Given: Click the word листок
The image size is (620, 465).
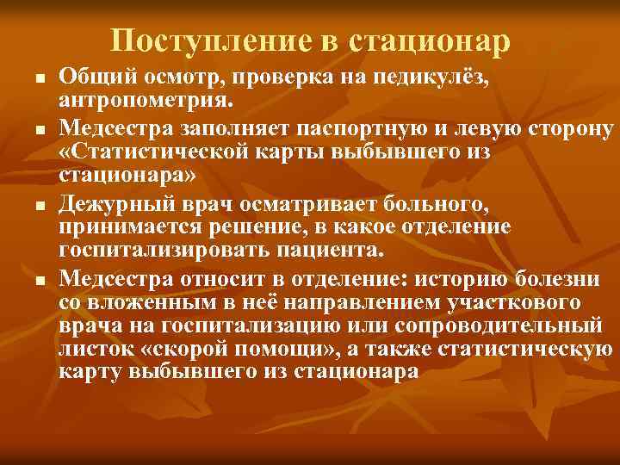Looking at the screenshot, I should (90, 350).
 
